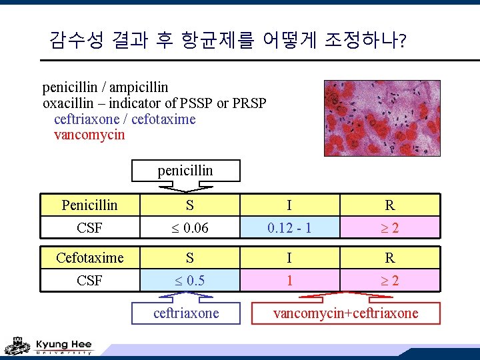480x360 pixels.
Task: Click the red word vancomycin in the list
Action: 89,135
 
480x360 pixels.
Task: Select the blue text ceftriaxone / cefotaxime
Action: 125,119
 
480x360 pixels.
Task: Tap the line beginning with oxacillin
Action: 154,103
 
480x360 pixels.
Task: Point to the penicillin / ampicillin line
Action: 105,87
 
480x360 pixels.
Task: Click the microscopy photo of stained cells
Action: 382,118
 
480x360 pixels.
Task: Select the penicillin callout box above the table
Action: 185,171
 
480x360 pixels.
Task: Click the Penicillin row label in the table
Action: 89,205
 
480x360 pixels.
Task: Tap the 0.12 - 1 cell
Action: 289,228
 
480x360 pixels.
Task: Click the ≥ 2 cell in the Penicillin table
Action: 390,228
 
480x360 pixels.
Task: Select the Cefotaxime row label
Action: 89,257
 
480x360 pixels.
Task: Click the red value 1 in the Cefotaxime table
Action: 289,280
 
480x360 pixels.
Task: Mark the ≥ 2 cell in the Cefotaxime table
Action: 390,280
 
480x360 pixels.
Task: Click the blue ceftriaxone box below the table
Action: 186,313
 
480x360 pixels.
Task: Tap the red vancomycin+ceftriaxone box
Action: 345,313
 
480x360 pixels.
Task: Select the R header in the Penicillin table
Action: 390,205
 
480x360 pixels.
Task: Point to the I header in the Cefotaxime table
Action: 289,257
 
